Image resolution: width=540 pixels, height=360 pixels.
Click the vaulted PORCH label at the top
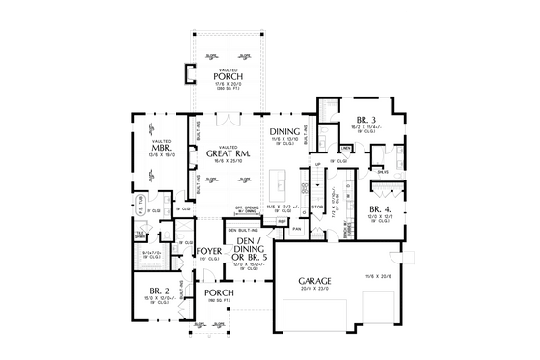229,76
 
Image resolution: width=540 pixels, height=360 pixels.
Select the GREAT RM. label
229,152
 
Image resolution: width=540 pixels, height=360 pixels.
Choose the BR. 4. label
378,208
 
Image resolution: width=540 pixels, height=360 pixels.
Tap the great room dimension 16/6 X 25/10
229,161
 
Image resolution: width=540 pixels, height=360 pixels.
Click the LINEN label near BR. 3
344,148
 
